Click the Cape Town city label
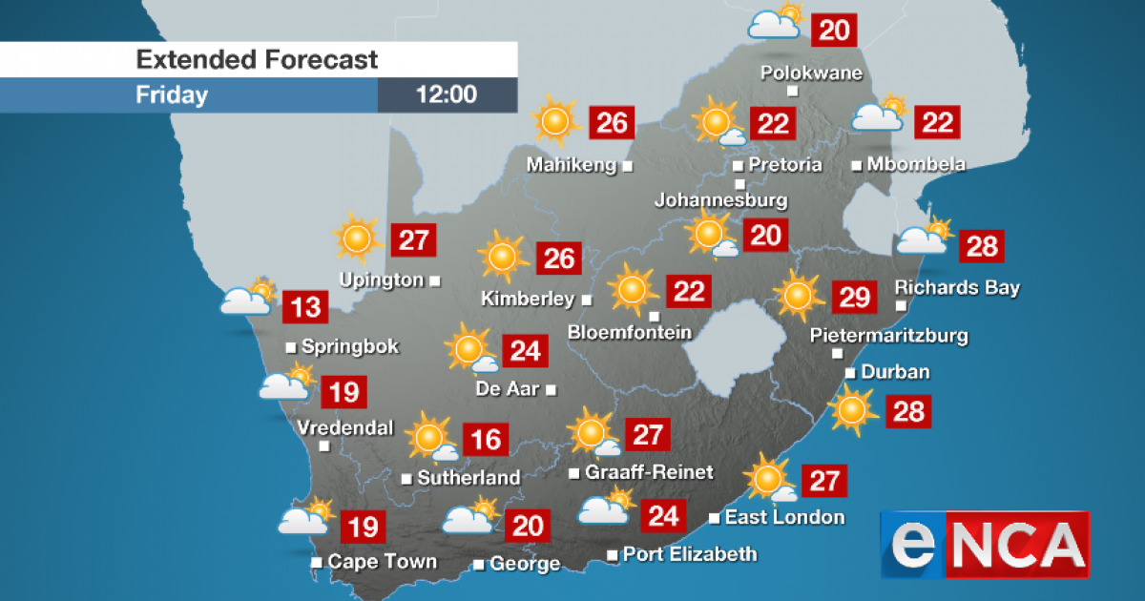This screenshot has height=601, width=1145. point(382,562)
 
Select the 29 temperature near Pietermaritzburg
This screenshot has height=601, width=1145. point(854,298)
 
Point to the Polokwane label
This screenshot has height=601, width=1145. point(811,73)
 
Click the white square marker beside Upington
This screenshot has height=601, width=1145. point(435,280)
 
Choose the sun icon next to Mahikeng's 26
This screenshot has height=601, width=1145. point(554,121)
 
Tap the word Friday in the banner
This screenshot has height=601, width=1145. point(172,95)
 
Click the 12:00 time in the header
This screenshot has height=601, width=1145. point(447,95)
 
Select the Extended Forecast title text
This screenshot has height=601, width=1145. point(257,59)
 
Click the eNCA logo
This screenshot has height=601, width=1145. point(984,545)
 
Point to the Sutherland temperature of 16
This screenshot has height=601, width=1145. point(486,439)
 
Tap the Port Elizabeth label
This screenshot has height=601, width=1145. point(690,554)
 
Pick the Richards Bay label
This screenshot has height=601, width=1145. point(957,287)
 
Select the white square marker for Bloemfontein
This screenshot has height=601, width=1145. point(654,316)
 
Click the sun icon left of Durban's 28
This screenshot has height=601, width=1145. point(851,410)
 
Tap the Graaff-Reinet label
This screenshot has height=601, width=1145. point(649,473)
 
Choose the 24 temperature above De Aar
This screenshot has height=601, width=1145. point(525,351)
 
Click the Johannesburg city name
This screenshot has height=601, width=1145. point(720,200)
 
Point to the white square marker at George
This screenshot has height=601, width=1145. point(479,565)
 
